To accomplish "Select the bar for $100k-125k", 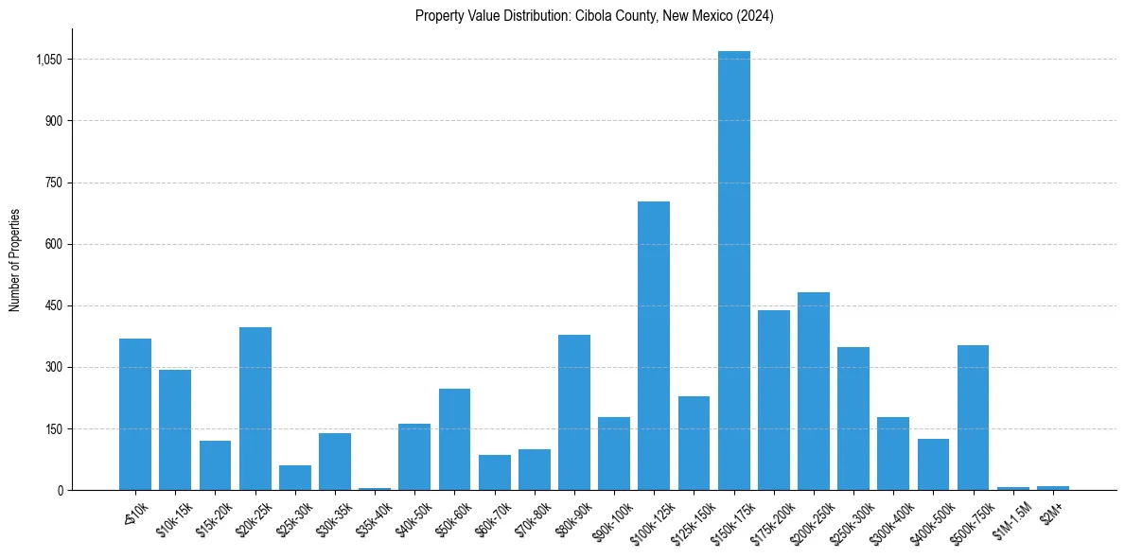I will pos(654,345).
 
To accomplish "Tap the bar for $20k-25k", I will pos(255,409).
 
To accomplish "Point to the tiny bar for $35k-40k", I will pos(375,488).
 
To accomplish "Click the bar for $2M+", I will pos(1053,488).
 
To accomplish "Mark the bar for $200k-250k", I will pos(814,391).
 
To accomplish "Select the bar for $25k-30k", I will pos(295,478).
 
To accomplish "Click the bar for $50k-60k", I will pos(454,439).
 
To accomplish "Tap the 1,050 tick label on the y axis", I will pos(48,60).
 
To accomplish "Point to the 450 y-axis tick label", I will pos(54,305).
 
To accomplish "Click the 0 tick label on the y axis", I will pos(60,490).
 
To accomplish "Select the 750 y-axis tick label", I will pos(54,183).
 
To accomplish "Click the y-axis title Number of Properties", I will pos(15,260).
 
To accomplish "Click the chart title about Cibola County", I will pos(594,16).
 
